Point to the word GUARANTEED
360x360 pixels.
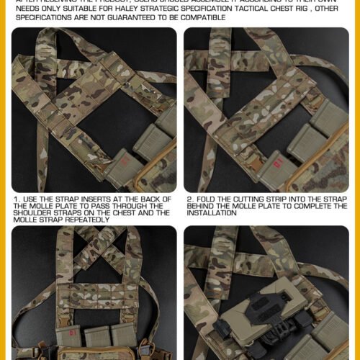(118, 17)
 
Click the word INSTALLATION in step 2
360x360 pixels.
(210, 213)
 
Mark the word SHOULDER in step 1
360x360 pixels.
(33, 213)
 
